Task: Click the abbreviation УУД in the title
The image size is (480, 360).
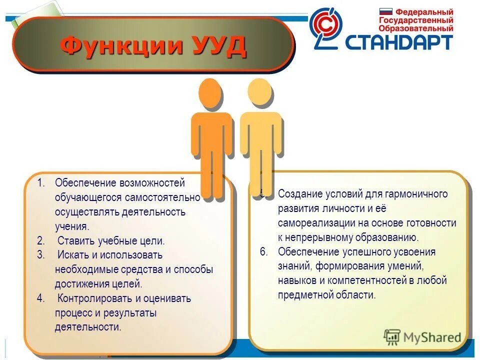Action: point(218,46)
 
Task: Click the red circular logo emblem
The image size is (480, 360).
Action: point(325,28)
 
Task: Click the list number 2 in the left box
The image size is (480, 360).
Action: point(40,241)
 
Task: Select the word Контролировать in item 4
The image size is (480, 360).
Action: point(94,299)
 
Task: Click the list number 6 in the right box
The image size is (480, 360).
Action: point(264,251)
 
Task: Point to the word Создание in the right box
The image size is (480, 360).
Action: point(298,194)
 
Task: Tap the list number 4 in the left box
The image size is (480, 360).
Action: point(40,299)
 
